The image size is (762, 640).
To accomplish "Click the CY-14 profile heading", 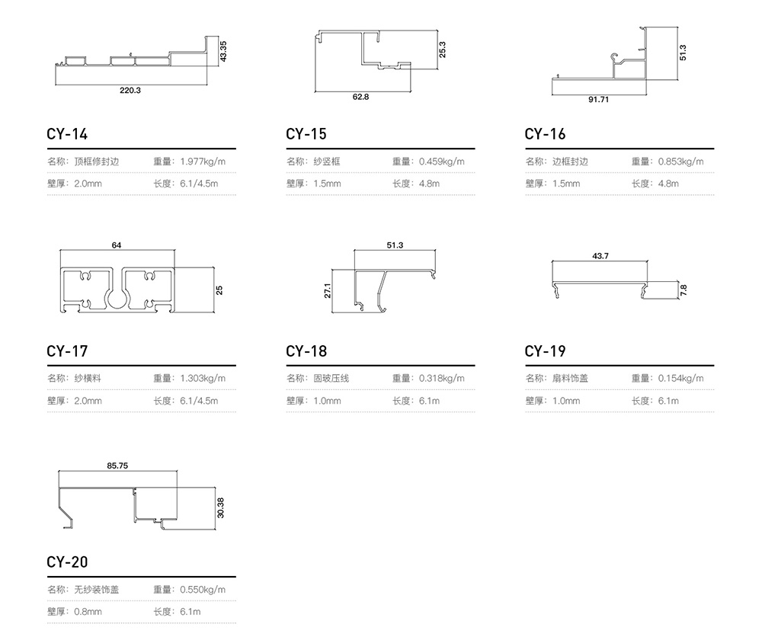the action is [67, 134].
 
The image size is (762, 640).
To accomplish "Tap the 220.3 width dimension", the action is [130, 91].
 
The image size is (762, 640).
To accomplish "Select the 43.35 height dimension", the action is [223, 51].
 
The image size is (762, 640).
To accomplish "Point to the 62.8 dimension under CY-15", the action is [360, 98].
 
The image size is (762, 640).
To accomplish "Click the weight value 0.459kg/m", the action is [442, 162].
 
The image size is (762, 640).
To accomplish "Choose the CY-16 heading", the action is [545, 134].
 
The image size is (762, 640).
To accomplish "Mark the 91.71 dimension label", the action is [598, 100].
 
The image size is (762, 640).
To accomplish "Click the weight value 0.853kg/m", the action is [680, 162].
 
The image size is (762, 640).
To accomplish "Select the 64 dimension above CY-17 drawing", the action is [117, 245].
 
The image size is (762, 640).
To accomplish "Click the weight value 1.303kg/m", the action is [203, 378].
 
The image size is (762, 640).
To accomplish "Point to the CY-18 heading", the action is [306, 351].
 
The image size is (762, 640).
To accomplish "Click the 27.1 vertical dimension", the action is [328, 290].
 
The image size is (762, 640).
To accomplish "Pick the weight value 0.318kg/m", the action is [442, 378].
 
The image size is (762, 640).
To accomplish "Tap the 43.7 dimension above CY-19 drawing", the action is [600, 256].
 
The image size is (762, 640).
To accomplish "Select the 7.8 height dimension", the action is [684, 290].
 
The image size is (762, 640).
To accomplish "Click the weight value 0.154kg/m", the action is [680, 378].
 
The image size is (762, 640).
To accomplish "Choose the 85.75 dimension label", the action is [117, 466].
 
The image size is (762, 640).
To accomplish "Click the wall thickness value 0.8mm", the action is [88, 611].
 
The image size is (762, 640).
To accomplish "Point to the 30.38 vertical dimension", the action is [221, 507].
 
